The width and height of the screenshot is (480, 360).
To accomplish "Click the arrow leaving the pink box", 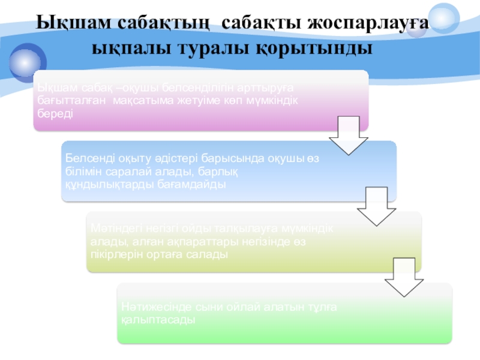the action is point(348,135).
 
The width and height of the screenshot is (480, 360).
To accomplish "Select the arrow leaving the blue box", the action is point(376,206).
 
